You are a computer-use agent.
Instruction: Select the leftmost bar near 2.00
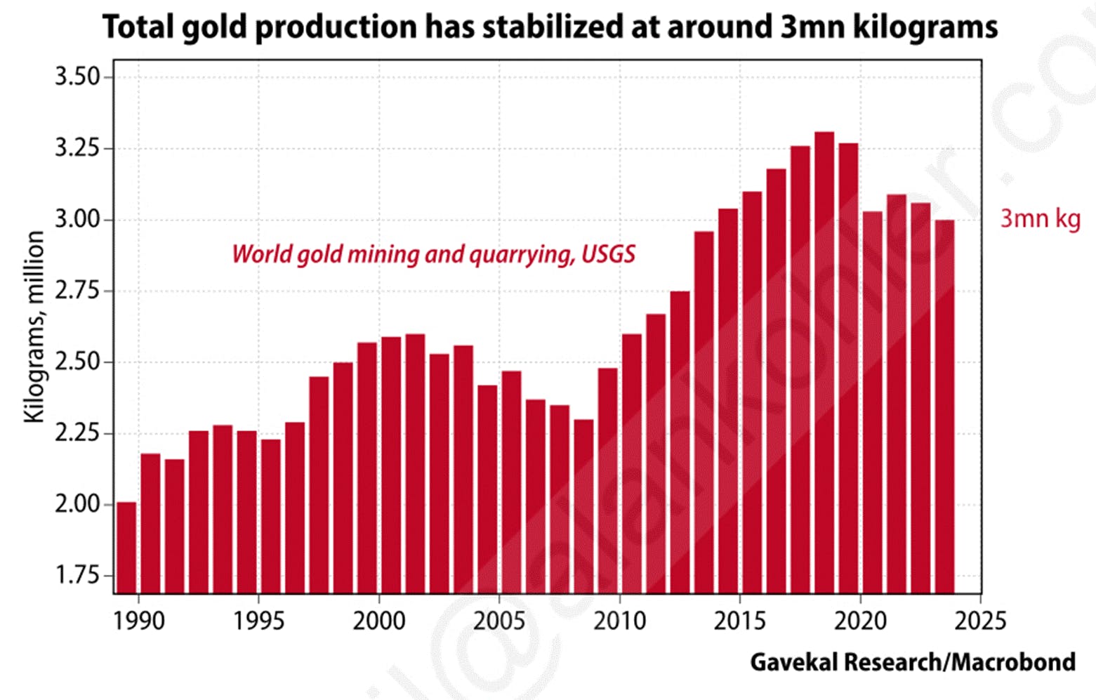126,548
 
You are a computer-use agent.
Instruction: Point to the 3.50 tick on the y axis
78,77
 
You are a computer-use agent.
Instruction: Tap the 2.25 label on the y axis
78,433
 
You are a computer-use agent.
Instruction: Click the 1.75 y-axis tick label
78,576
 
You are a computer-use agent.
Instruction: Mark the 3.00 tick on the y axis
78,220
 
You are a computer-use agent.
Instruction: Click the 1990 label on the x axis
138,621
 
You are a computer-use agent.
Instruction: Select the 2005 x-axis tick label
499,621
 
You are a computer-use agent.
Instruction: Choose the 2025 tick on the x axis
980,621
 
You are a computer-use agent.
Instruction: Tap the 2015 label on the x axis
739,621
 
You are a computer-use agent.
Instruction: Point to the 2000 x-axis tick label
379,621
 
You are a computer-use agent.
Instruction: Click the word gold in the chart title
213,27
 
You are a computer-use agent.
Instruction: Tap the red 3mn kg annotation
1040,219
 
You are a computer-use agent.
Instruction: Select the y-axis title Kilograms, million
34,326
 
